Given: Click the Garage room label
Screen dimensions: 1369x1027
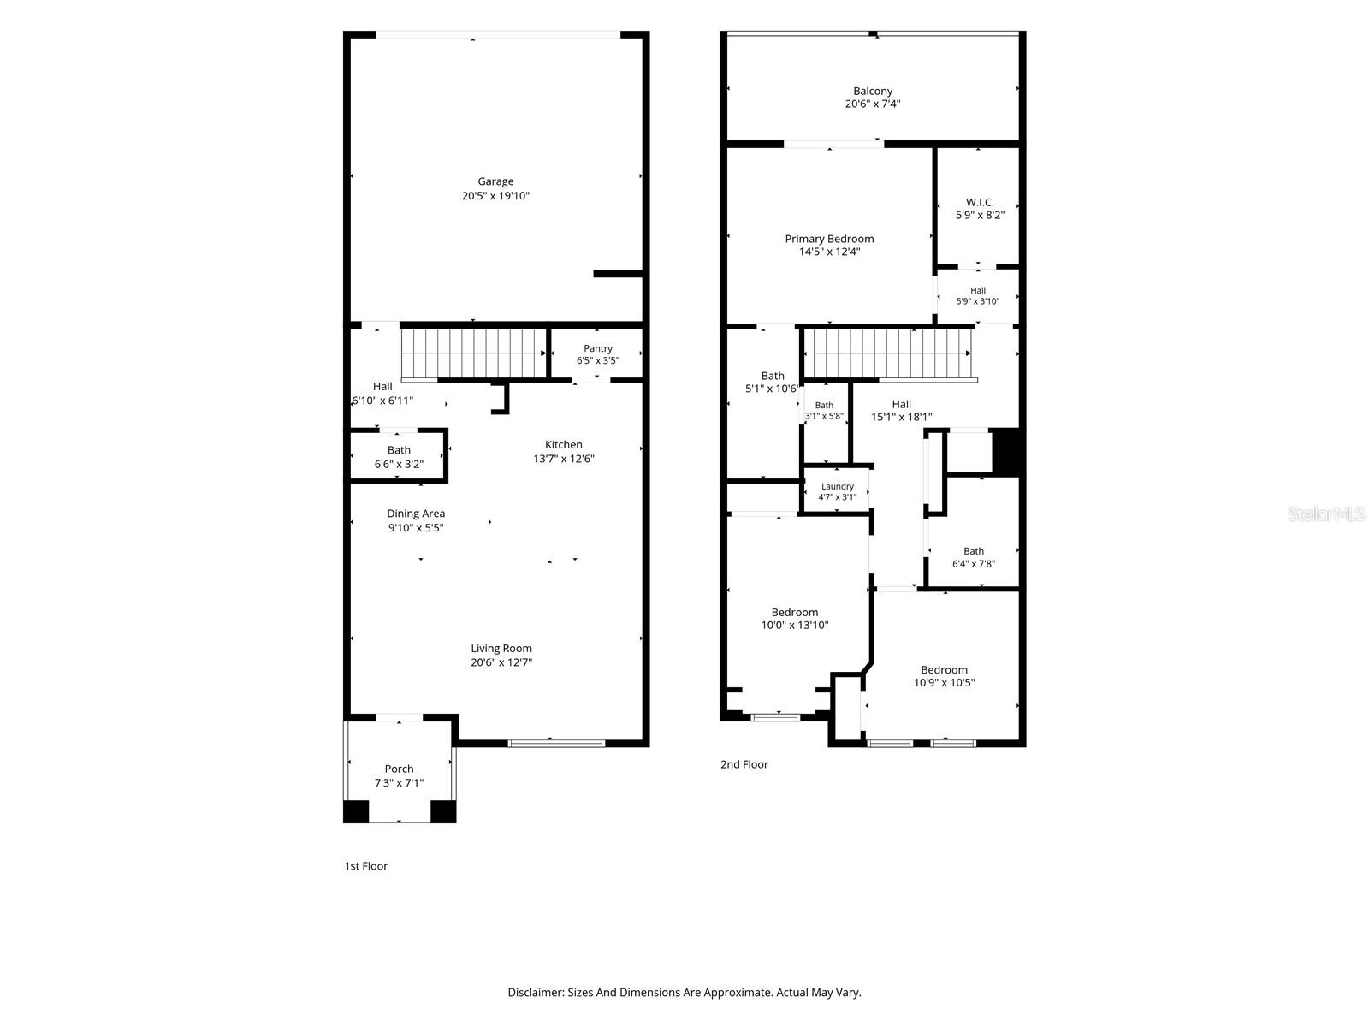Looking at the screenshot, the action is pos(495,181).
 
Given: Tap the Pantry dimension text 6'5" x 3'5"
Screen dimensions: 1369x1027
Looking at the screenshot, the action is pos(597,360).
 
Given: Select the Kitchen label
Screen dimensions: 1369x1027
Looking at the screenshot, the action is pos(563,444).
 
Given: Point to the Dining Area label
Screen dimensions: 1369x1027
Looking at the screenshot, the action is pos(415,513).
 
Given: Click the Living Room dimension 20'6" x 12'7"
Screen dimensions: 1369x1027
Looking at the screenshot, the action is pos(501,662).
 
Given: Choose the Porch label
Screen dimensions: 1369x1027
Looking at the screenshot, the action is pos(399,769).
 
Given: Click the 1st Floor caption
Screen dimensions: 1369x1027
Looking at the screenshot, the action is pos(365,866).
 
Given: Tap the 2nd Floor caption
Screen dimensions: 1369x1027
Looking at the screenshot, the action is pos(744,764).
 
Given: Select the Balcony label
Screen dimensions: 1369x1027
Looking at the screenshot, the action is pos(873,91).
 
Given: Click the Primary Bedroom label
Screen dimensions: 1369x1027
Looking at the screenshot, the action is pos(829,239).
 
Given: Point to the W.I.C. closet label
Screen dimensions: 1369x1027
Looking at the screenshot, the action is pos(979,202).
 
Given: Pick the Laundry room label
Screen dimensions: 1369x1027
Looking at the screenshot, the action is pos(837,486).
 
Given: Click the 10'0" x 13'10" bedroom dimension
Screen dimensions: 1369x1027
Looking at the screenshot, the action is pos(794,625).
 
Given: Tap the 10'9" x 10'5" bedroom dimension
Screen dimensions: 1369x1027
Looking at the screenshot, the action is pos(944,682).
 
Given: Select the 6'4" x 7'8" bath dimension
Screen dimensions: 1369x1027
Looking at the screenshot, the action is pos(973,564).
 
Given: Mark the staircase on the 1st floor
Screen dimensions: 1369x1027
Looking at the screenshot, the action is pos(474,353).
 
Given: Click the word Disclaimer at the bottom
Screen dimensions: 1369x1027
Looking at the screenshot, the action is pos(535,993).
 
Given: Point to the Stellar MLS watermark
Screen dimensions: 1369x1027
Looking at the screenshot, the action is pos(1326,513).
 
